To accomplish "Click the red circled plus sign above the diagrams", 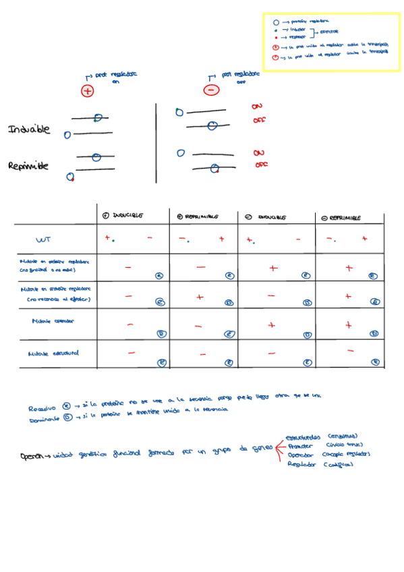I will [x=87, y=90].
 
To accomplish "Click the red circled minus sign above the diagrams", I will [x=212, y=90].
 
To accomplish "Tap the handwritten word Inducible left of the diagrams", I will [x=29, y=130].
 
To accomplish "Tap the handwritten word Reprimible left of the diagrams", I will [x=28, y=166].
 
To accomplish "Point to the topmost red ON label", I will [x=257, y=107].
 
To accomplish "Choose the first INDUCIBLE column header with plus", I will [x=123, y=216].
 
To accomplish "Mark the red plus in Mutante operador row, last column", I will [x=348, y=325].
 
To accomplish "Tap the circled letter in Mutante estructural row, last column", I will [x=373, y=362].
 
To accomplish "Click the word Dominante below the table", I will [x=44, y=420].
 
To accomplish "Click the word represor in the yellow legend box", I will [x=297, y=38].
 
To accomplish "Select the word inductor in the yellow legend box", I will [x=297, y=30].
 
